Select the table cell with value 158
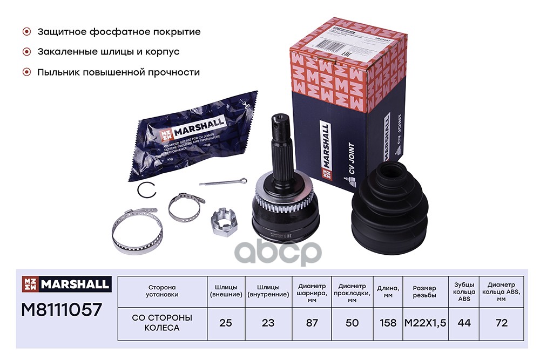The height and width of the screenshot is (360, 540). [x=388, y=323]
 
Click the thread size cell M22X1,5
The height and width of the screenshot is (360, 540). [x=425, y=323]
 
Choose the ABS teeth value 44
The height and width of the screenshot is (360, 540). [x=464, y=323]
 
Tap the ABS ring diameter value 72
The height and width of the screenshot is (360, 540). [x=501, y=323]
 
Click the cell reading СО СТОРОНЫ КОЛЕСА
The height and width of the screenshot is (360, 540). [x=162, y=322]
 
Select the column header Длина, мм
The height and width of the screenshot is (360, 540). [x=388, y=291]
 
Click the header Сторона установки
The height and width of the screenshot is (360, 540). [x=162, y=291]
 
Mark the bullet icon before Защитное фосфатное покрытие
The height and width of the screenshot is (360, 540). [x=26, y=32]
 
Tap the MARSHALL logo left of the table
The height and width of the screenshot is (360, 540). [x=66, y=283]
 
